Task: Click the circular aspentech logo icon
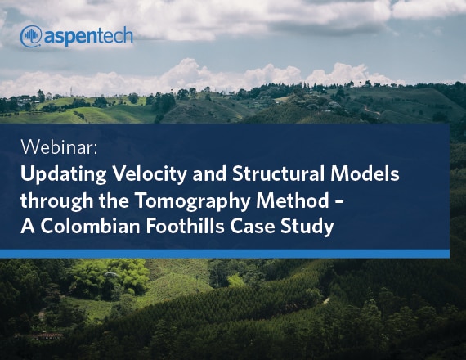(x=31, y=36)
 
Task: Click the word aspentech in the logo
(x=88, y=37)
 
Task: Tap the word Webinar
(x=59, y=146)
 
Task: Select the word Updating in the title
(x=63, y=174)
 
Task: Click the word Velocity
(x=150, y=174)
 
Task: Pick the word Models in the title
(x=365, y=173)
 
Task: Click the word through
(x=56, y=201)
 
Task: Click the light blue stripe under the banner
(x=225, y=254)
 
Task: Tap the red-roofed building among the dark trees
(x=47, y=336)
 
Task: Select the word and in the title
(x=209, y=173)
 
